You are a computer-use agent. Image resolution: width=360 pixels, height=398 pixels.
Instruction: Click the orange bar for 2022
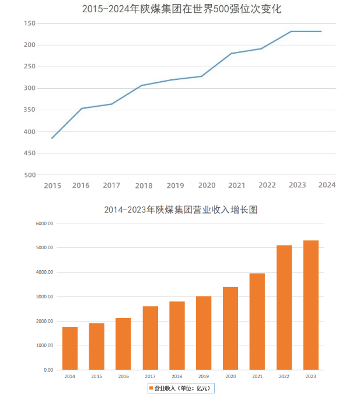pyautogui.click(x=284, y=308)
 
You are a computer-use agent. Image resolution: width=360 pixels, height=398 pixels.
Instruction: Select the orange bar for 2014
pyautogui.click(x=70, y=348)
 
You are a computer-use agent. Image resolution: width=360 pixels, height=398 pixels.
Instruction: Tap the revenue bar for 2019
pyautogui.click(x=204, y=333)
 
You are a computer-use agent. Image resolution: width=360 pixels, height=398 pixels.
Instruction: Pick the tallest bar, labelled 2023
pyautogui.click(x=310, y=305)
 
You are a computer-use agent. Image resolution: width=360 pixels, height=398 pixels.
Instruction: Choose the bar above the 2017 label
pyautogui.click(x=150, y=338)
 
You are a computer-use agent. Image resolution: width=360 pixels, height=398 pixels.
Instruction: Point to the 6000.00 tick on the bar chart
pyautogui.click(x=44, y=224)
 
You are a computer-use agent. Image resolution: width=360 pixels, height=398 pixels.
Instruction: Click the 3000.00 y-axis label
pyautogui.click(x=44, y=297)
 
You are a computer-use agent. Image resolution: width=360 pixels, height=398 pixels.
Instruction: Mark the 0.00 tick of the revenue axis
pyautogui.click(x=48, y=370)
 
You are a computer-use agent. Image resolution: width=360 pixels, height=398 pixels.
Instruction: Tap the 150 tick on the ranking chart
pyautogui.click(x=30, y=23)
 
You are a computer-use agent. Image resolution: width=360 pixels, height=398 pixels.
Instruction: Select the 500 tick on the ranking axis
pyautogui.click(x=30, y=175)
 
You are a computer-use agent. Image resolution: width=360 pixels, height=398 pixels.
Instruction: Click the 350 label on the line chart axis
pyautogui.click(x=30, y=110)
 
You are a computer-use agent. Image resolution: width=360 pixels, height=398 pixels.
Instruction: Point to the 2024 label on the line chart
pyautogui.click(x=327, y=185)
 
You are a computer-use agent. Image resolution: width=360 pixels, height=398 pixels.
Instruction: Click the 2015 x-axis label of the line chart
pyautogui.click(x=53, y=186)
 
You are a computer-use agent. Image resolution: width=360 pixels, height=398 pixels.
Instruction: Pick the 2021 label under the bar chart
pyautogui.click(x=257, y=377)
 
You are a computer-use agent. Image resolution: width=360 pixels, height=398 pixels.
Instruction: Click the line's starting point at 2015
pyautogui.click(x=52, y=138)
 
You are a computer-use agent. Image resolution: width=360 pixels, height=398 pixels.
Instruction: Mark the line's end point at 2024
pyautogui.click(x=321, y=32)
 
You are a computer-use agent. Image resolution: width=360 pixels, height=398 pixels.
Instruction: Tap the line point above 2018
pyautogui.click(x=142, y=85)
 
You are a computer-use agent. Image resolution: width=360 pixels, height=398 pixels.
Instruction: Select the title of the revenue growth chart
pyautogui.click(x=180, y=210)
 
